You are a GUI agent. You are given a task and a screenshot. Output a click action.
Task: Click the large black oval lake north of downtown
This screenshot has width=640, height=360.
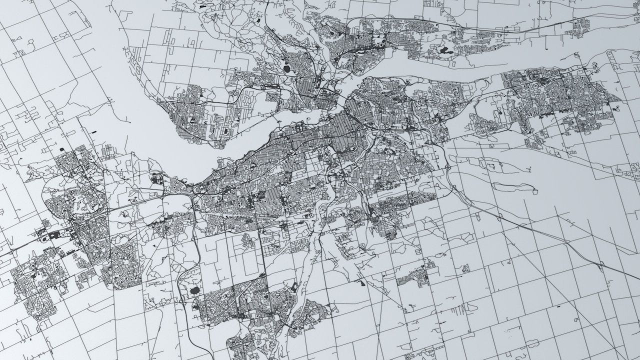pyautogui.click(x=287, y=69)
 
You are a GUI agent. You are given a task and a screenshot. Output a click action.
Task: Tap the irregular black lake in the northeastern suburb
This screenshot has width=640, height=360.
pyautogui.click(x=444, y=50)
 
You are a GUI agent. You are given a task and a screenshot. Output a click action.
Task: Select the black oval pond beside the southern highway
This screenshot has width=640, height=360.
pyautogui.click(x=194, y=290)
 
